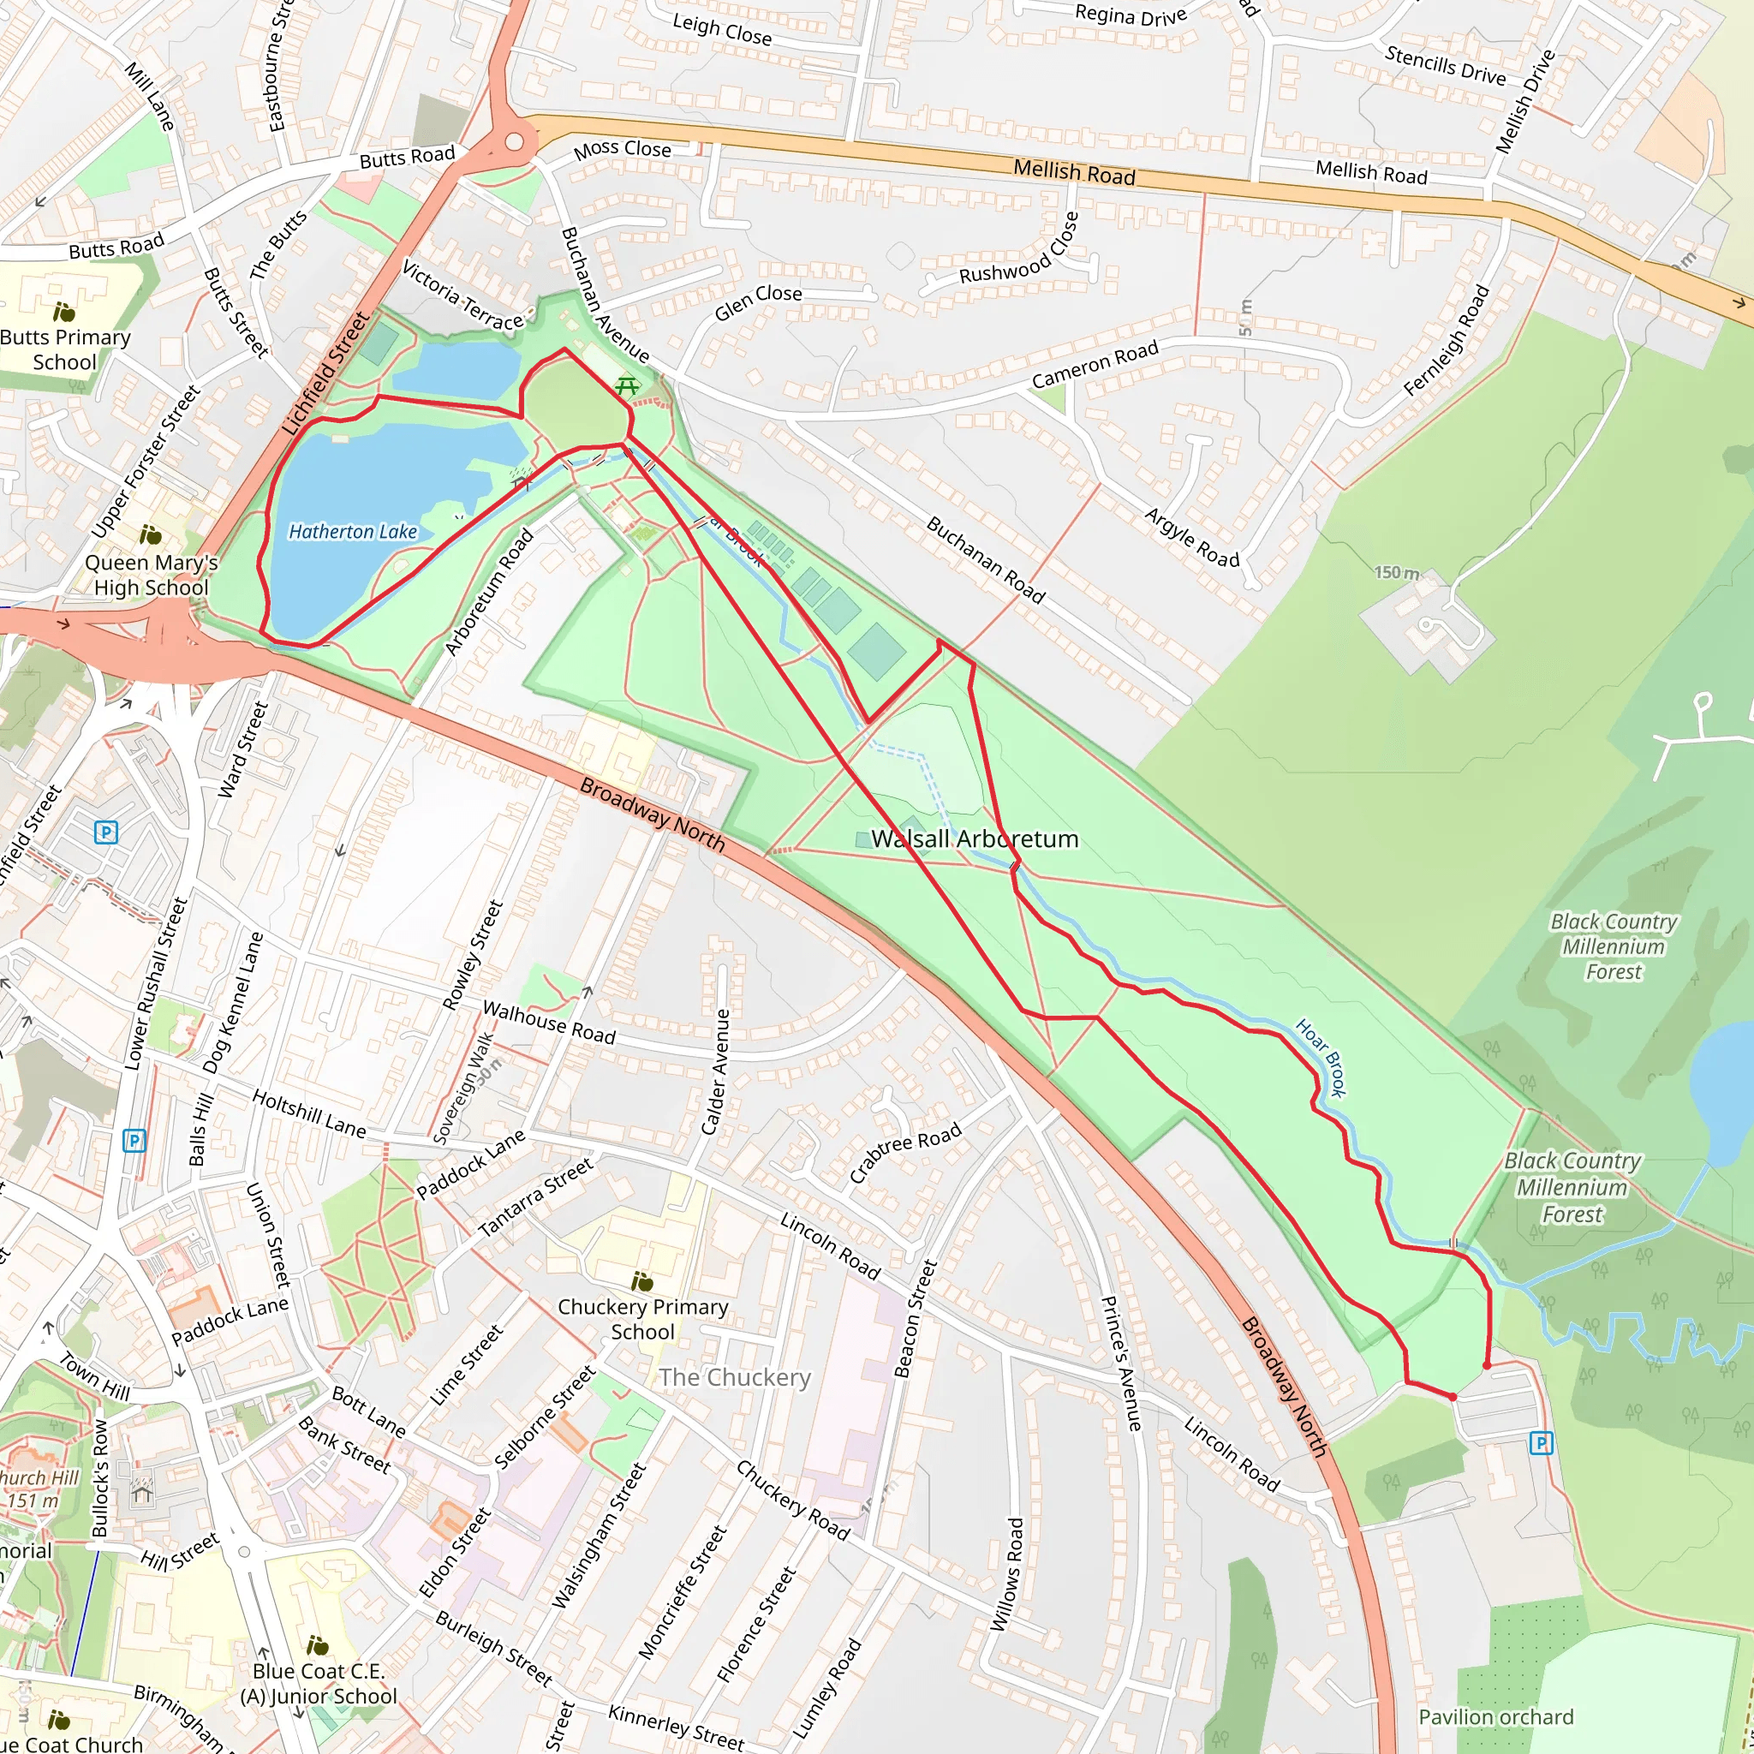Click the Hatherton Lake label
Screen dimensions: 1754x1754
click(x=352, y=532)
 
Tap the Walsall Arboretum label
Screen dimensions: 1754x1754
click(x=974, y=838)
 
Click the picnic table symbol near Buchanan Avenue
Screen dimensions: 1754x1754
click(x=626, y=387)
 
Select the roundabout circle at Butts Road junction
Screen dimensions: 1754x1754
click(x=515, y=141)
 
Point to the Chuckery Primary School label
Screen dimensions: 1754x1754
click(x=643, y=1319)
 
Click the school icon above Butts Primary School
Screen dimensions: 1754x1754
click(x=63, y=313)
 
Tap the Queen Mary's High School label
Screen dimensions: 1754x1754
click(x=151, y=575)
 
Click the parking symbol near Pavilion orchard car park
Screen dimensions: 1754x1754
click(x=1541, y=1442)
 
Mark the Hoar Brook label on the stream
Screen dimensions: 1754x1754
click(x=1321, y=1059)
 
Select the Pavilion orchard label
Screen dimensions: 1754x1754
click(x=1495, y=1717)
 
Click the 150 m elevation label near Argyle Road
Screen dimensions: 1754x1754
click(x=1396, y=573)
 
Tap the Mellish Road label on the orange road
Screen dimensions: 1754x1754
click(x=1074, y=171)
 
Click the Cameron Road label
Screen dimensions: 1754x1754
click(x=1095, y=364)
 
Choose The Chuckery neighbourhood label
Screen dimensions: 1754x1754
click(x=735, y=1377)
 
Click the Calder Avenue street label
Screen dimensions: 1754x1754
click(x=715, y=1071)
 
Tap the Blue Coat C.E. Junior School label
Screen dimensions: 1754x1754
click(x=319, y=1683)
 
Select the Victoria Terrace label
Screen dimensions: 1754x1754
click(x=463, y=296)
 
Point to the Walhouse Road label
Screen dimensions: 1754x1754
click(x=548, y=1023)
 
